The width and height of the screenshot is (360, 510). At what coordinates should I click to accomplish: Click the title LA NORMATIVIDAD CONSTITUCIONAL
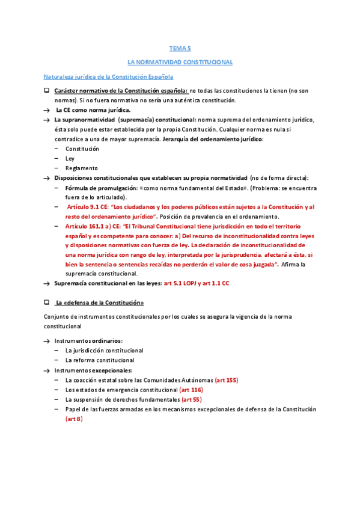[180, 62]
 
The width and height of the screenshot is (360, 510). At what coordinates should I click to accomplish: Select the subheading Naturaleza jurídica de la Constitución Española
[109, 77]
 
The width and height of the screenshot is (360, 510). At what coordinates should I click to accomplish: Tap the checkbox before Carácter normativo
[46, 90]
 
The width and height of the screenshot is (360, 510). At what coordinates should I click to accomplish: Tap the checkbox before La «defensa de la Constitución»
[46, 301]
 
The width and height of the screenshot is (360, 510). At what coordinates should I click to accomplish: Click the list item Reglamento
[82, 168]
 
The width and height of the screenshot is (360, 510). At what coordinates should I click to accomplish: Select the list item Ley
[70, 158]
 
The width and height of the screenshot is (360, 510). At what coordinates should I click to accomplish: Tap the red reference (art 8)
[74, 419]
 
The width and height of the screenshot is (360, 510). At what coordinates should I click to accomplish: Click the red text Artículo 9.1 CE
[87, 207]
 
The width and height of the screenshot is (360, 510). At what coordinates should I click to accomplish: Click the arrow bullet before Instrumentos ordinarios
[46, 340]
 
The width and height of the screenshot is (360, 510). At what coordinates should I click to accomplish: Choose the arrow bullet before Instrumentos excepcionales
[46, 370]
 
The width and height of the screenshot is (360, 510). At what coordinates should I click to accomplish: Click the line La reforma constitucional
[100, 360]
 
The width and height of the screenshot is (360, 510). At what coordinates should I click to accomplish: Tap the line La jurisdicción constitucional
[104, 350]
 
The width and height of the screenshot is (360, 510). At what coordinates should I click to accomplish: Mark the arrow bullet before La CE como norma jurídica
[46, 110]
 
